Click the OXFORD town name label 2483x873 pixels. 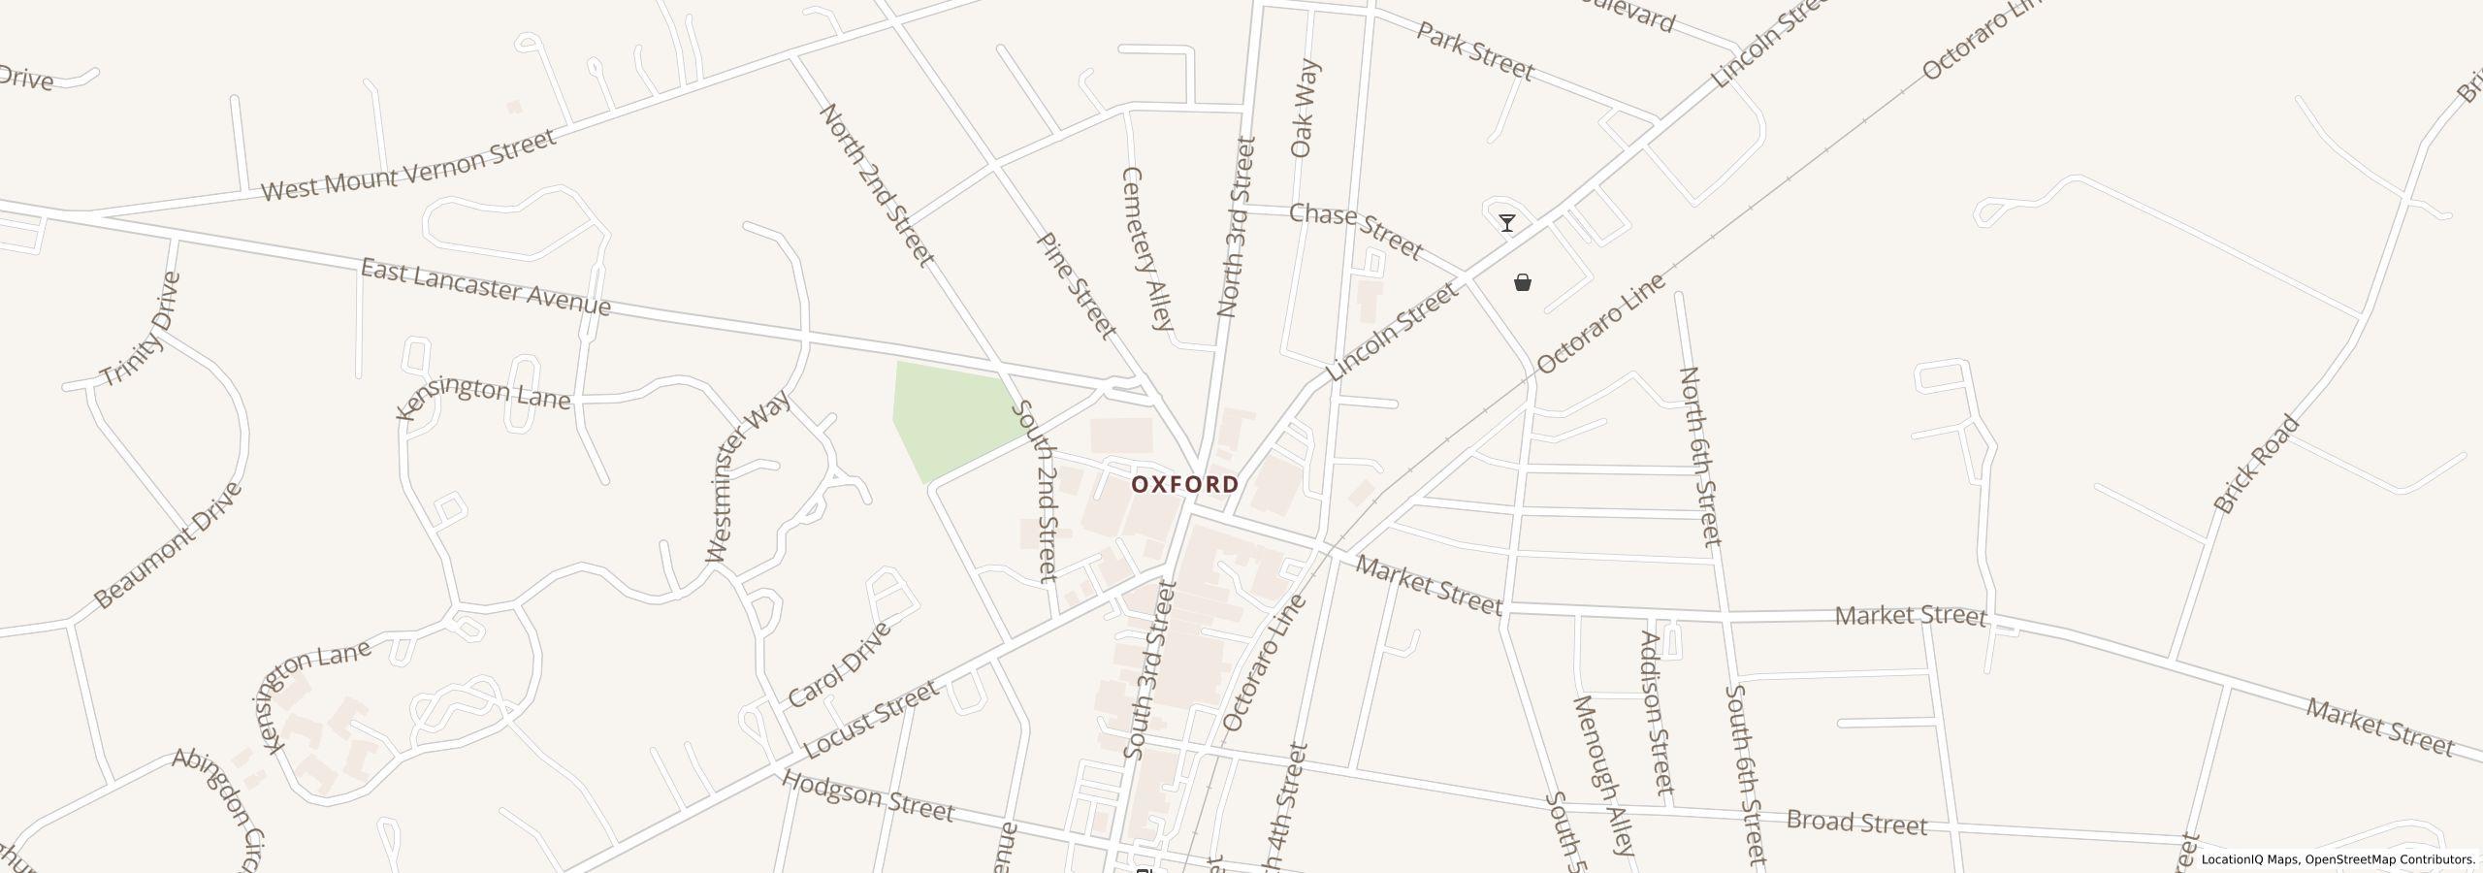pyautogui.click(x=1184, y=483)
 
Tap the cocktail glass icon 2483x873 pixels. pyautogui.click(x=1507, y=223)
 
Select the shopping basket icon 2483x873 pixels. pyautogui.click(x=1523, y=282)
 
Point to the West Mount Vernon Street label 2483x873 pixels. pyautogui.click(x=408, y=165)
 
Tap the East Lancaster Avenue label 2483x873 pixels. pyautogui.click(x=485, y=287)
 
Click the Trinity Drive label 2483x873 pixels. pyautogui.click(x=142, y=330)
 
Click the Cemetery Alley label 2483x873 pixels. pyautogui.click(x=1148, y=248)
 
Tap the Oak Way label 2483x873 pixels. pyautogui.click(x=1305, y=109)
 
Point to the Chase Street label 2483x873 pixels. pyautogui.click(x=1355, y=231)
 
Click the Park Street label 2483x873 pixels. pyautogui.click(x=1475, y=51)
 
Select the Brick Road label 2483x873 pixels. pyautogui.click(x=2256, y=464)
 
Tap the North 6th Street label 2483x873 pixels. pyautogui.click(x=1699, y=456)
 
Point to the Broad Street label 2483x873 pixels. pyautogui.click(x=1856, y=823)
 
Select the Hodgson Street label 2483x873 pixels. pyautogui.click(x=868, y=796)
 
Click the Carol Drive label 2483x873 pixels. pyautogui.click(x=839, y=665)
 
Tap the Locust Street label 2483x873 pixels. pyautogui.click(x=871, y=720)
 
